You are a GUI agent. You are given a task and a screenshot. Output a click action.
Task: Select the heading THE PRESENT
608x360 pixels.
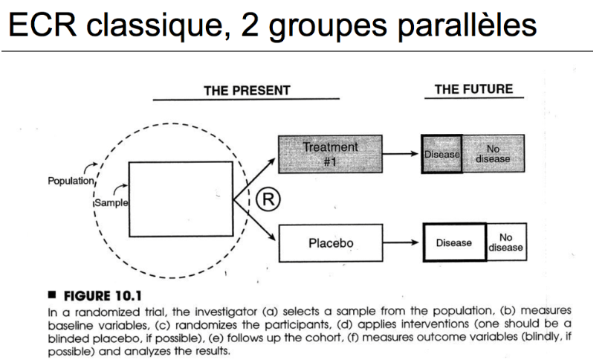coord(247,91)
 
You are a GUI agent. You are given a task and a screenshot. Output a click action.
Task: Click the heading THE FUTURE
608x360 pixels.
coord(473,89)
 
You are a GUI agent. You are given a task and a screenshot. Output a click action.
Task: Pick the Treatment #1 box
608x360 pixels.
coord(329,153)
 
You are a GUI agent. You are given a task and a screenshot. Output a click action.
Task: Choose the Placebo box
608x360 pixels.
coord(329,242)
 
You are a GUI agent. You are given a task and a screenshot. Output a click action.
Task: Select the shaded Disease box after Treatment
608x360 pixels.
coord(442,154)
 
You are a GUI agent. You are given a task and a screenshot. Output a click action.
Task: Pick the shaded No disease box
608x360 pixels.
coord(493,154)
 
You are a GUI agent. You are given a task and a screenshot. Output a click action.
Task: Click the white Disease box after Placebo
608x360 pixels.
coord(453,242)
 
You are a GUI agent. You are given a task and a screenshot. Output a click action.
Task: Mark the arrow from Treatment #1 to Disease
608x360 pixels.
coord(401,154)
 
